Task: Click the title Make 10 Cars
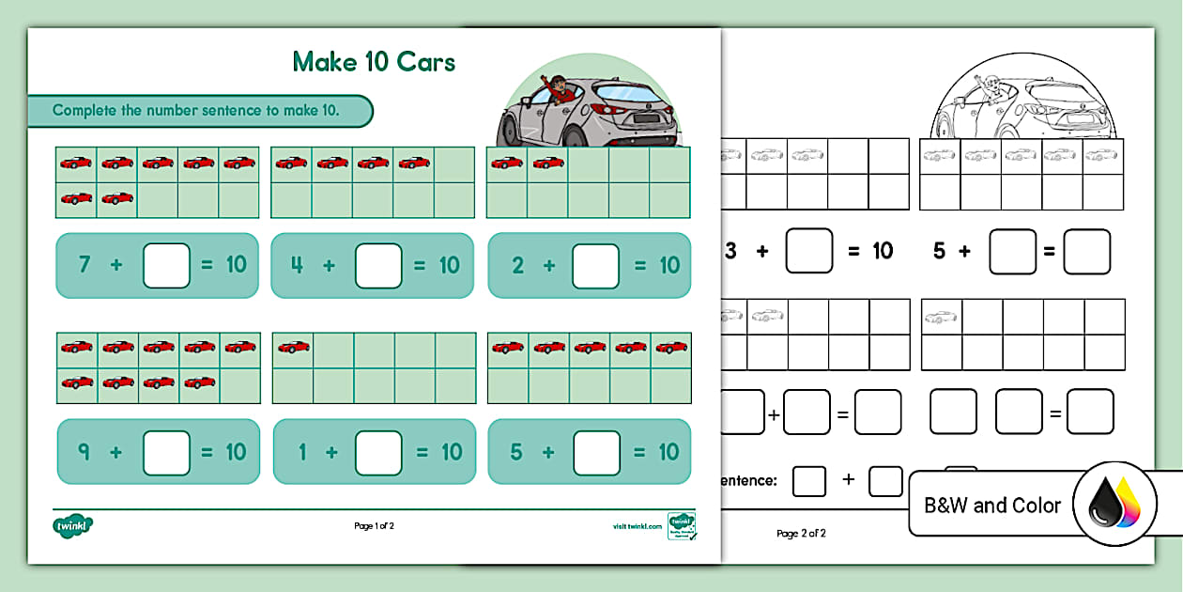(x=374, y=62)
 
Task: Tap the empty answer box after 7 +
(x=166, y=266)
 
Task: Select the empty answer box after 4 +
(x=378, y=266)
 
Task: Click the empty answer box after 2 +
(x=595, y=266)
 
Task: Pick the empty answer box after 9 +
(x=166, y=453)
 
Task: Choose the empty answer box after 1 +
(x=378, y=453)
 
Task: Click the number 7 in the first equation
(x=84, y=265)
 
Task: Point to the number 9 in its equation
(x=84, y=452)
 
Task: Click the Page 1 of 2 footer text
(x=374, y=526)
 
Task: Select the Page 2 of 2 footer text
(x=801, y=534)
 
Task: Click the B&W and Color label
(x=992, y=506)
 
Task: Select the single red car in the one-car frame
(x=294, y=348)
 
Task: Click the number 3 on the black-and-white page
(x=731, y=251)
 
